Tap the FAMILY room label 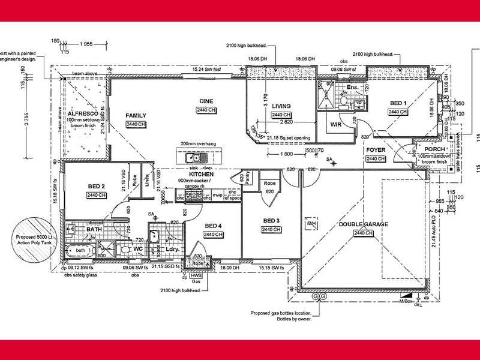click(x=136, y=115)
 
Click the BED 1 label click(x=398, y=103)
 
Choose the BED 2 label click(x=97, y=186)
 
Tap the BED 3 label click(x=271, y=221)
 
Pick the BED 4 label click(x=213, y=226)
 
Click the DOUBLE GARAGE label click(x=364, y=224)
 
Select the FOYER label click(x=375, y=151)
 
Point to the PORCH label click(x=434, y=149)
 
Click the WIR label click(x=335, y=125)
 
